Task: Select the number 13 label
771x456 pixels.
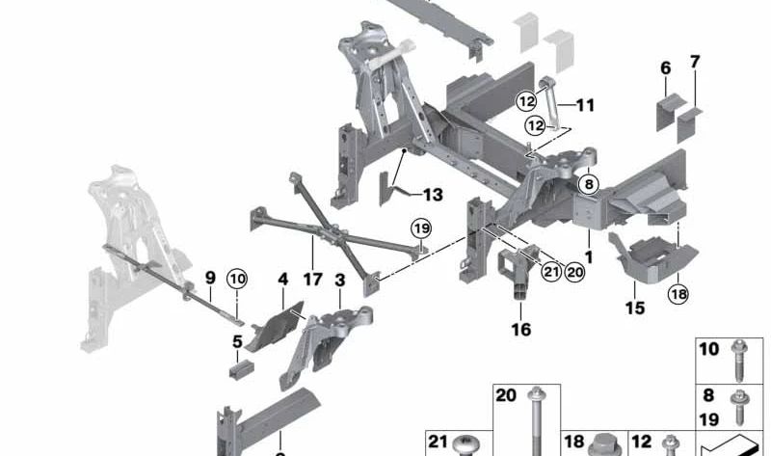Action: click(x=432, y=195)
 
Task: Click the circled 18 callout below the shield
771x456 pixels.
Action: click(x=678, y=295)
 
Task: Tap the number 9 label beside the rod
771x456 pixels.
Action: click(x=210, y=279)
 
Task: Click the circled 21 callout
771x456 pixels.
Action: click(x=550, y=273)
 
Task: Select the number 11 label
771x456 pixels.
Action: click(x=586, y=104)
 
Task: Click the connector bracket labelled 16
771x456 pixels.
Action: click(x=518, y=275)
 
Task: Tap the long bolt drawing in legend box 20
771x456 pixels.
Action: click(x=533, y=419)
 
